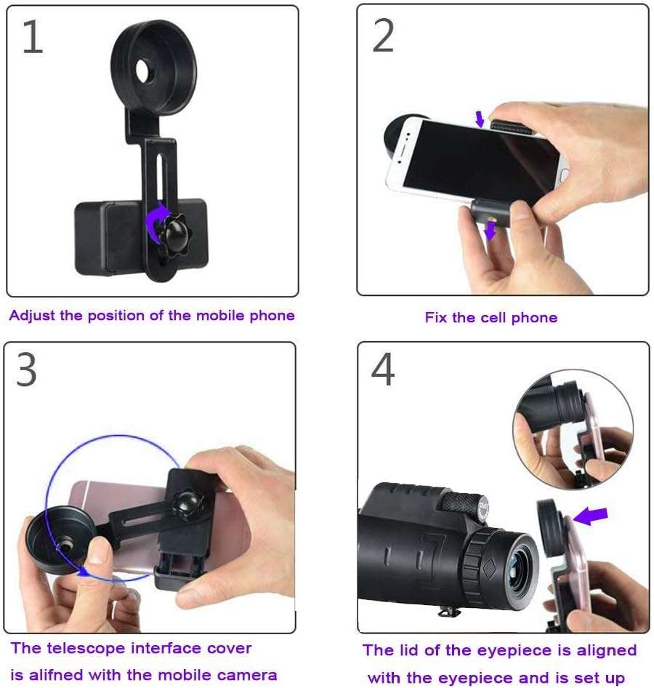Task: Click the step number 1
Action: pos(32,39)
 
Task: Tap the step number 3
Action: pos(27,371)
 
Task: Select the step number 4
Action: pos(383,370)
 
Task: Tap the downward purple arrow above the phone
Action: pos(479,119)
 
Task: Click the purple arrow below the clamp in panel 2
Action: pos(492,230)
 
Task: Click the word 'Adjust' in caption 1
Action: pos(33,316)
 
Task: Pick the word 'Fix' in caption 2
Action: pos(435,318)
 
